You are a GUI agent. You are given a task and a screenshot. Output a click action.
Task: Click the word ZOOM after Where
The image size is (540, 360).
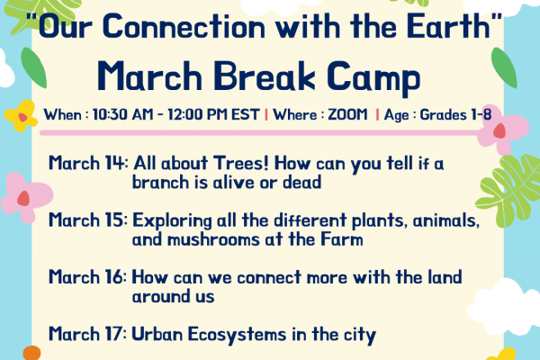click(347, 114)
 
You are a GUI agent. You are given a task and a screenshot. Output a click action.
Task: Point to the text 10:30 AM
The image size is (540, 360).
click(122, 114)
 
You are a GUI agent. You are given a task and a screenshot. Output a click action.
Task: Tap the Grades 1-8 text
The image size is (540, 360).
click(455, 114)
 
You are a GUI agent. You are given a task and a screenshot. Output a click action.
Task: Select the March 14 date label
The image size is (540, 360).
click(88, 163)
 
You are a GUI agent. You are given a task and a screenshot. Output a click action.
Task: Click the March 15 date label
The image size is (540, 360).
click(88, 220)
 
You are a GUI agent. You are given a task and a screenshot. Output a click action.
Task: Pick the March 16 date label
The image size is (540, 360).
click(88, 277)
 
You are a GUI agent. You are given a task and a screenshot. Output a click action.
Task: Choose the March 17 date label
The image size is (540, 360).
click(88, 334)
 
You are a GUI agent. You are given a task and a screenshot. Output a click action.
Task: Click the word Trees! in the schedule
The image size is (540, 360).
click(240, 163)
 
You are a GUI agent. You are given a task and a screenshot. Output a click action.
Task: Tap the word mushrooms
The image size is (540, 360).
click(213, 239)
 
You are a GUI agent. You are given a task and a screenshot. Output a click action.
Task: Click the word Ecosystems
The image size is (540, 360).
click(238, 335)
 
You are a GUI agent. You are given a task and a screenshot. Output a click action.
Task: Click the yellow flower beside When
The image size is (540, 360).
click(21, 116)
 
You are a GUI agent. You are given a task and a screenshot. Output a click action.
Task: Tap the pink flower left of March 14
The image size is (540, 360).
click(26, 197)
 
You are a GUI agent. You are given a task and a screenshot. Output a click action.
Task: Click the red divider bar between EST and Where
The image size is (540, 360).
click(266, 114)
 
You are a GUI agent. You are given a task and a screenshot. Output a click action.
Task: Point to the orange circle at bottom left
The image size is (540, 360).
click(32, 353)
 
